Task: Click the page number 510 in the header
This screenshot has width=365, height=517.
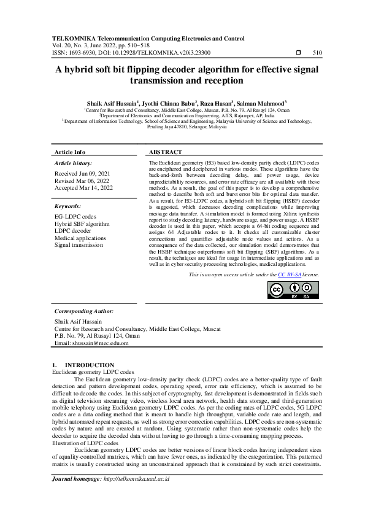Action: pos(317,53)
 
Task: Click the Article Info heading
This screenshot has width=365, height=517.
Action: pos(70,152)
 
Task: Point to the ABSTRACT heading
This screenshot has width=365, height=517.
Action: pos(166,152)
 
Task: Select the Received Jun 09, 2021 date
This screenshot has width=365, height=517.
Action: pos(82,174)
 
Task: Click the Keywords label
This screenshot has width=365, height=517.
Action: pos(68,206)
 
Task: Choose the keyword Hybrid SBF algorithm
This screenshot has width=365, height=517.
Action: pos(82,224)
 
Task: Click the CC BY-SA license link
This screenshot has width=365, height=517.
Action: pos(288,275)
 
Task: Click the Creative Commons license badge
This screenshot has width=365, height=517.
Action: pos(293,290)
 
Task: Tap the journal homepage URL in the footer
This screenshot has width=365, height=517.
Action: pos(136,478)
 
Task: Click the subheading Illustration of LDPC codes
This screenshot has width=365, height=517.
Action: pos(85,442)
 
